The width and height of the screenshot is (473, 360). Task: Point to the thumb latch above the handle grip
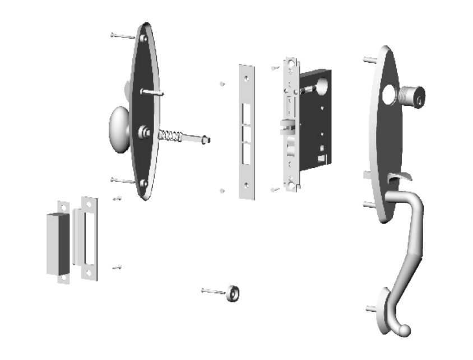pos(399,178)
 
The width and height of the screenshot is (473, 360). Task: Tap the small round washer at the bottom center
pos(232,292)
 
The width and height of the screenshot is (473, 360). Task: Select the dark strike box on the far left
pos(58,242)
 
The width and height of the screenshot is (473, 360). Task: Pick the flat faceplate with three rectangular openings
pos(247,131)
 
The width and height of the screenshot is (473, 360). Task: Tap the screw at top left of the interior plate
pos(122,36)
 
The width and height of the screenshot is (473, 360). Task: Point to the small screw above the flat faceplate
pos(223,84)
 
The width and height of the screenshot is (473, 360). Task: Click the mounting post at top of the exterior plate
pos(369,59)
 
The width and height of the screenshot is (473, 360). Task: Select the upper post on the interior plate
pos(154,92)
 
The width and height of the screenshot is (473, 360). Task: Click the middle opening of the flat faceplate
pos(247,134)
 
